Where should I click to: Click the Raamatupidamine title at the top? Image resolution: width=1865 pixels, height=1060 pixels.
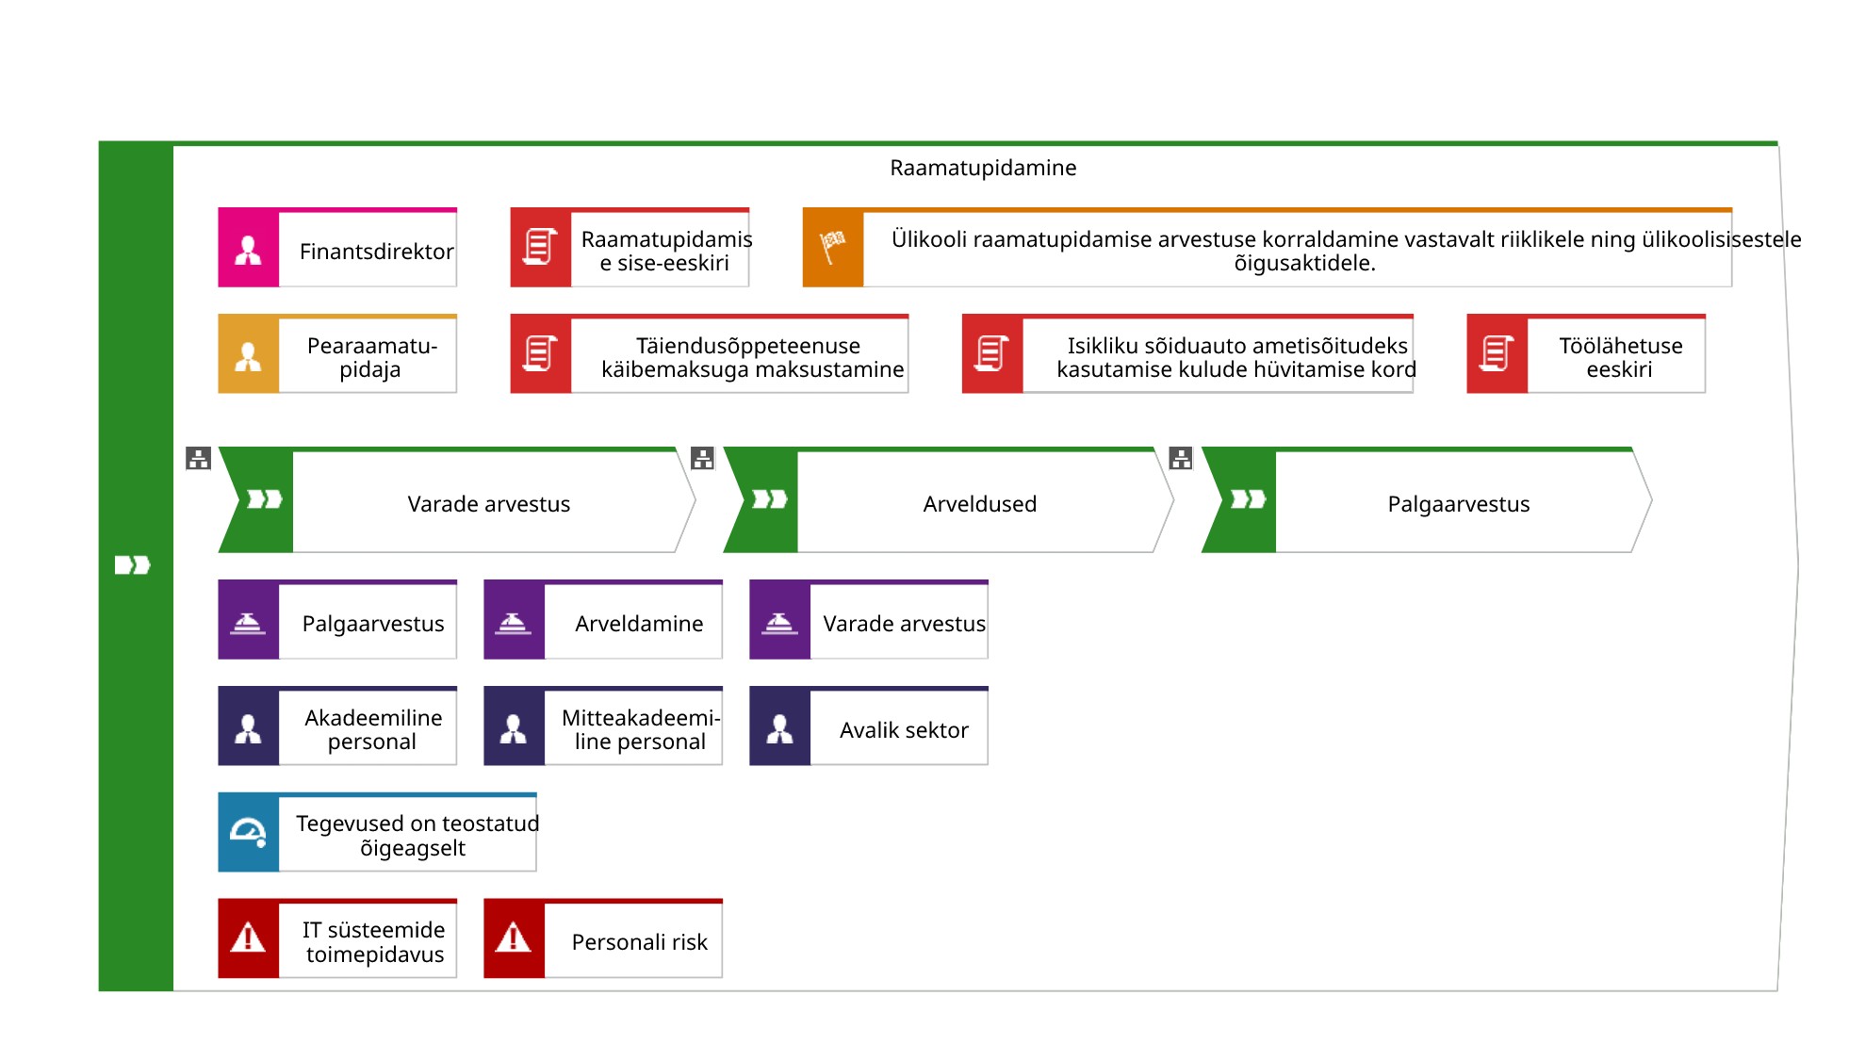click(983, 168)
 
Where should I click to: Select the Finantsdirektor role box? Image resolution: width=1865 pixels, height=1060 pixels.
click(337, 247)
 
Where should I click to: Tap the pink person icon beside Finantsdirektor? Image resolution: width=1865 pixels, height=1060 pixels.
click(248, 250)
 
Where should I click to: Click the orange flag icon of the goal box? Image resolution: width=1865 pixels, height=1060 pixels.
click(832, 248)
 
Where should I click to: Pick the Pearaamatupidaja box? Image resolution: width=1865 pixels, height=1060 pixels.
click(337, 353)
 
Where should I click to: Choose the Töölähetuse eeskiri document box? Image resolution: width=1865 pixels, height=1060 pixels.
click(1586, 353)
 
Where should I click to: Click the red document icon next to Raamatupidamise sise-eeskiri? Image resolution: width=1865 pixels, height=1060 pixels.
click(541, 247)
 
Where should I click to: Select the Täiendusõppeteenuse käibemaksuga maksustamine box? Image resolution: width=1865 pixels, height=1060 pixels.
click(710, 353)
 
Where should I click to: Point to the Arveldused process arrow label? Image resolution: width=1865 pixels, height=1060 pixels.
click(980, 504)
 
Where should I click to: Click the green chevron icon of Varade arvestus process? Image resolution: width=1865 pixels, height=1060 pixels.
click(265, 499)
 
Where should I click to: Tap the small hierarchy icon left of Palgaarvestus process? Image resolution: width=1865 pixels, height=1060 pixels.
click(1181, 459)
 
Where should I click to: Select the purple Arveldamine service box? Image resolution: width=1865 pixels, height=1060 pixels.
click(603, 619)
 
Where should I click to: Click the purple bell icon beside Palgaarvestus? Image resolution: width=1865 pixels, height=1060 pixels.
click(248, 624)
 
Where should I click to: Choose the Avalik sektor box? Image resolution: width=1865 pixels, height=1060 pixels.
click(869, 726)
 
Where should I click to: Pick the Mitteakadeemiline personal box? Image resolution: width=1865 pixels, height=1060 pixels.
click(603, 726)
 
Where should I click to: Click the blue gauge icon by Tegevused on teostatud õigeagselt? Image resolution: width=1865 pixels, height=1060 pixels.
click(249, 833)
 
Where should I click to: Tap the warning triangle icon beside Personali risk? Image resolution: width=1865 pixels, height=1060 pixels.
click(514, 938)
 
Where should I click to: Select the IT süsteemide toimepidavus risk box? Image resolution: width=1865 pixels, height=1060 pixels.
click(337, 938)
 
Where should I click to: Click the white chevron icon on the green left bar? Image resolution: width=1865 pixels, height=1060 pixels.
click(133, 565)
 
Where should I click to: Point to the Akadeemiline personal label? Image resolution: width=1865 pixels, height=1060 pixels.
click(373, 729)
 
